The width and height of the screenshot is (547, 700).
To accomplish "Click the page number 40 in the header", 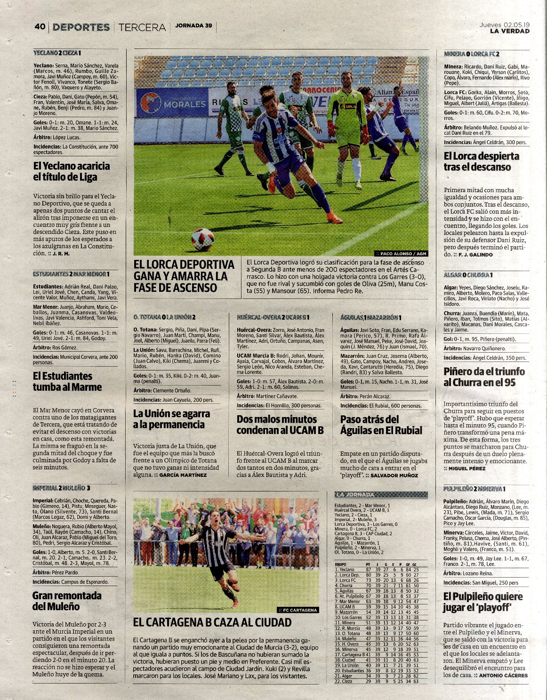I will [40, 27].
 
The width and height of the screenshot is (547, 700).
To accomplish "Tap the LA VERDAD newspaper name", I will [509, 31].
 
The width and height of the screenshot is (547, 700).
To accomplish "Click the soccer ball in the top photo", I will [202, 240].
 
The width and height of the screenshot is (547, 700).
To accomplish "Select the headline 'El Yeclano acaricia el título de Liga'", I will [71, 171].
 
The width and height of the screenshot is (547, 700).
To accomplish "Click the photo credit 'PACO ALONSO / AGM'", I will [401, 253].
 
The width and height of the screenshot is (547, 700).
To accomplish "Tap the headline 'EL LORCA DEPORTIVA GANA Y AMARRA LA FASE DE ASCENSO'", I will [184, 276].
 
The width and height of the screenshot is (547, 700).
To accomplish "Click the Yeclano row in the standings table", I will [377, 570].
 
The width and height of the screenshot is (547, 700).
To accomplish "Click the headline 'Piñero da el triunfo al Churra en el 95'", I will [484, 377].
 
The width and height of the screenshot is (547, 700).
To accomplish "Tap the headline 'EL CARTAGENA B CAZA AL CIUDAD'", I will [212, 622].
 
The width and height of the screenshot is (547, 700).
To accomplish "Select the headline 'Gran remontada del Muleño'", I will [67, 601].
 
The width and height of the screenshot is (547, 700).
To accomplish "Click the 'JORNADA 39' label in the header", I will [193, 26].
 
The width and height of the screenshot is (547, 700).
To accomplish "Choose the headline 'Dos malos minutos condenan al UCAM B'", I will [280, 425].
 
